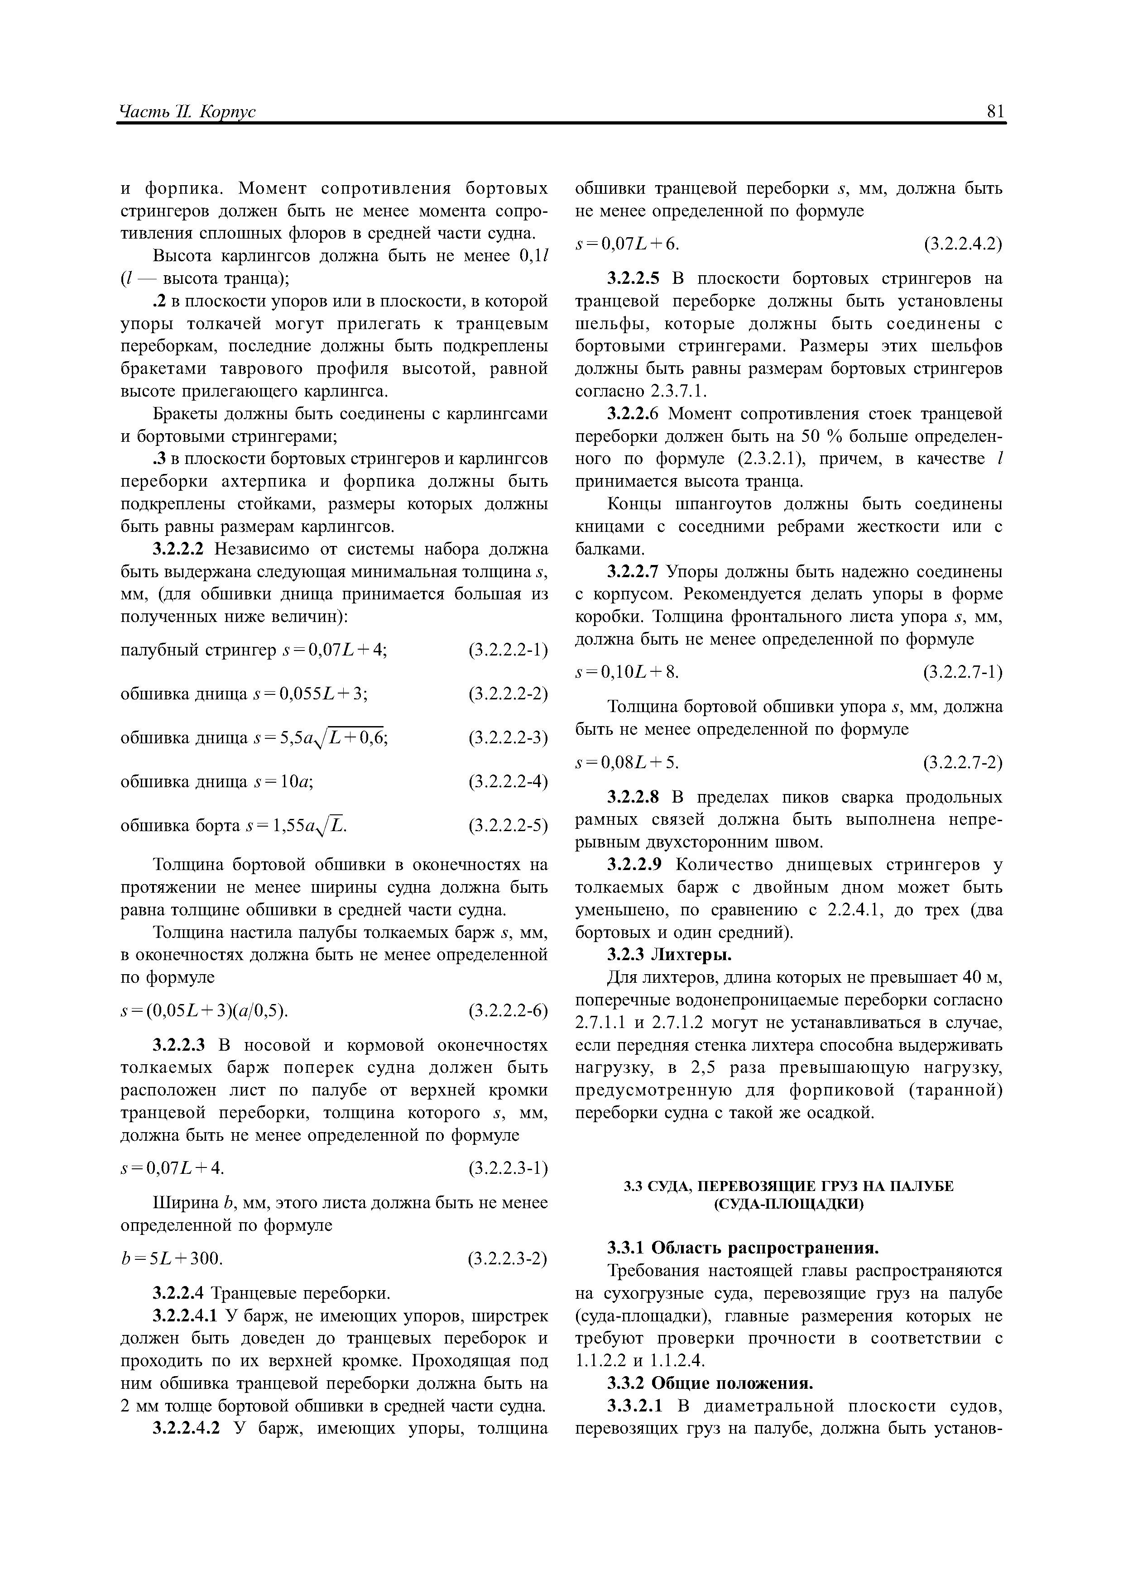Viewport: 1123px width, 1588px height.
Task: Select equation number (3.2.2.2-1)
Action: point(508,650)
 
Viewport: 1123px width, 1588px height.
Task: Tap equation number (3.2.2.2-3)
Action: point(508,739)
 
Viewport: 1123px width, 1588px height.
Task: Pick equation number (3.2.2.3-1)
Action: point(508,1168)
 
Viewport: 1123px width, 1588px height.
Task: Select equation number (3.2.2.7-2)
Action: point(962,762)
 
